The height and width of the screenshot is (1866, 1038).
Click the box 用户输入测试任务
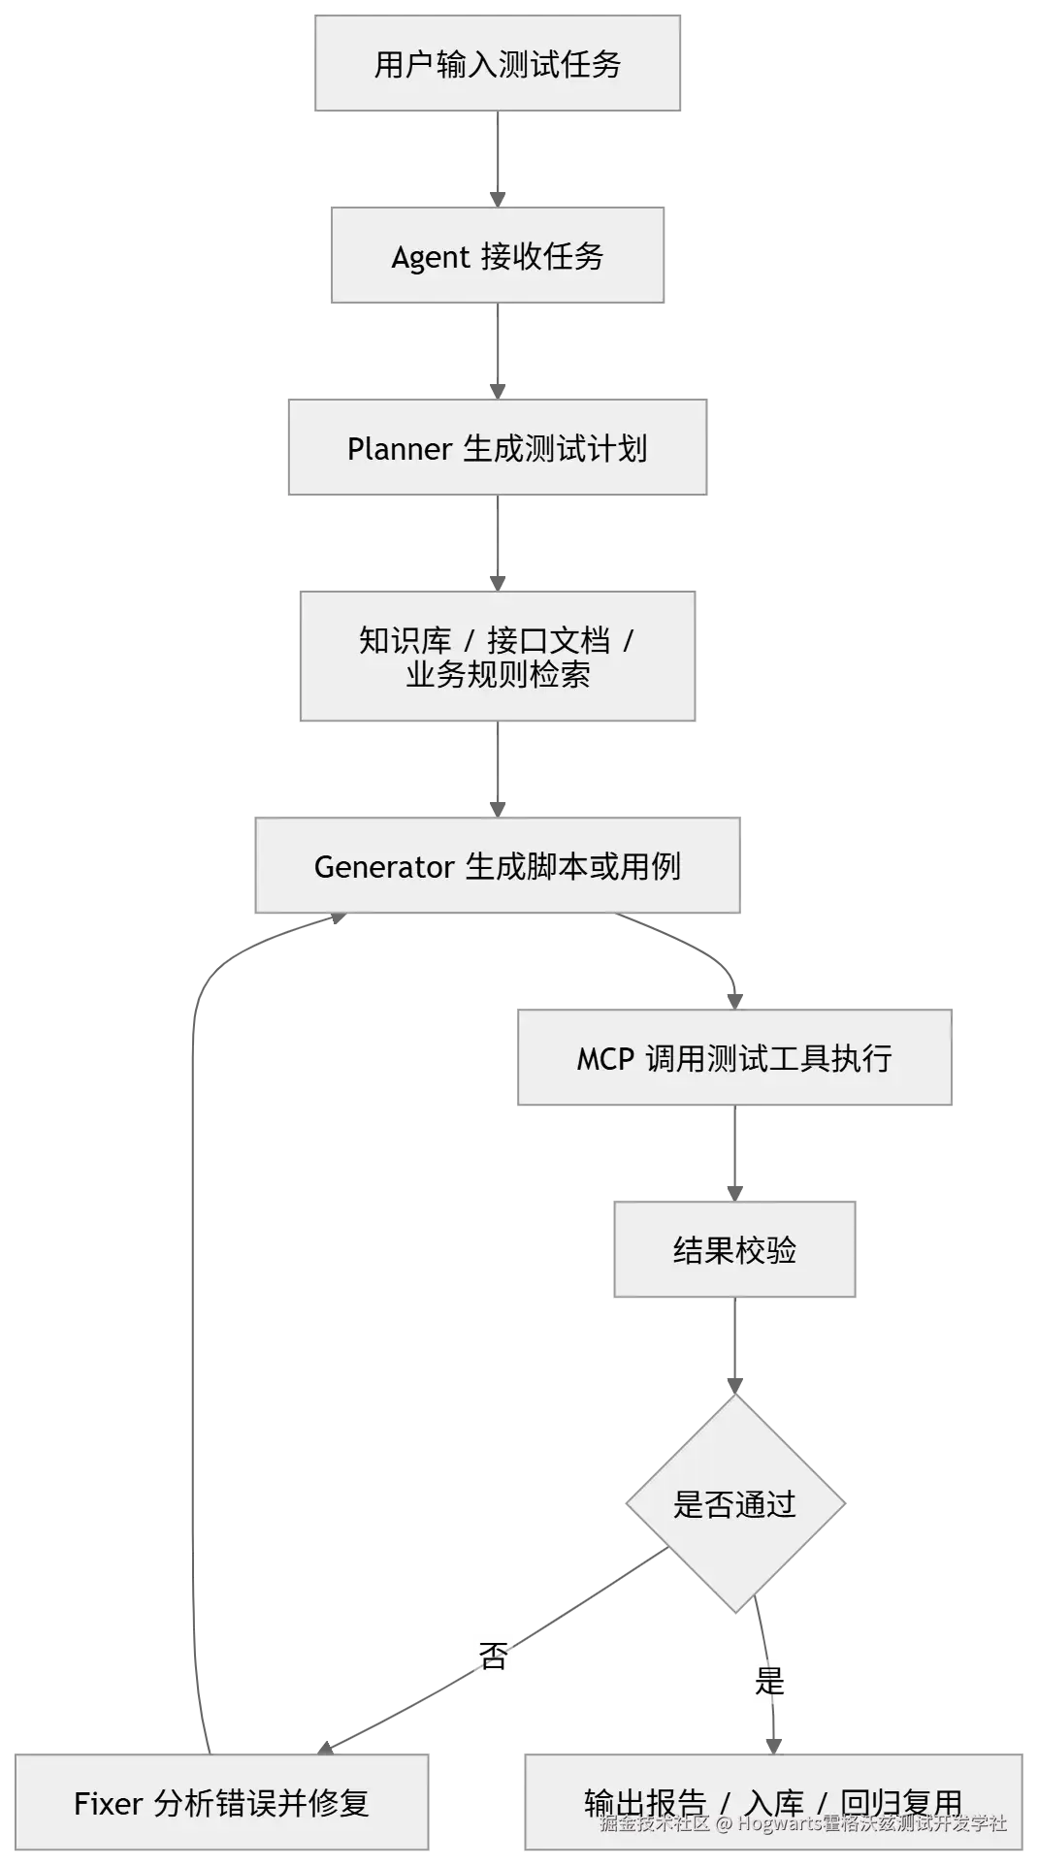click(497, 64)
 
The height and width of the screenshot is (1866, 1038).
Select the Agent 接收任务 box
click(497, 257)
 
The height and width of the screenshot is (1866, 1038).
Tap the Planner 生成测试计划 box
click(500, 447)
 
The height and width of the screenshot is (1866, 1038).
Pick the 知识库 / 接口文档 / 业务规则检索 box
click(497, 658)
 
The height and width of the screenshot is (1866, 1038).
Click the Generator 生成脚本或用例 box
click(497, 865)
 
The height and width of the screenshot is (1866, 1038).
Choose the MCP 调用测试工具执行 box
click(733, 1058)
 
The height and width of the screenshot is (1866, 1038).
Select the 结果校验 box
click(735, 1249)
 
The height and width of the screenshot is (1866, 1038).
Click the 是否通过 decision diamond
click(734, 1503)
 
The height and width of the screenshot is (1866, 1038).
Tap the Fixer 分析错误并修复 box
click(221, 1802)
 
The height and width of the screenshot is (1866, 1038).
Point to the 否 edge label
click(495, 1657)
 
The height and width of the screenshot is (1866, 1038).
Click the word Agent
click(430, 258)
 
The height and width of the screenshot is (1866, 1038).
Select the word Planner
click(399, 449)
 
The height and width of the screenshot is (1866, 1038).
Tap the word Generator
click(384, 866)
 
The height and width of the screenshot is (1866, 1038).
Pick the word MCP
click(605, 1059)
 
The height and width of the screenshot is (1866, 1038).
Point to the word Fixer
click(108, 1803)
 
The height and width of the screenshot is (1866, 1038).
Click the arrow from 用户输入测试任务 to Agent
click(499, 158)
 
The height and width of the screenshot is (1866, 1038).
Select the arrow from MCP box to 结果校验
click(733, 1152)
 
